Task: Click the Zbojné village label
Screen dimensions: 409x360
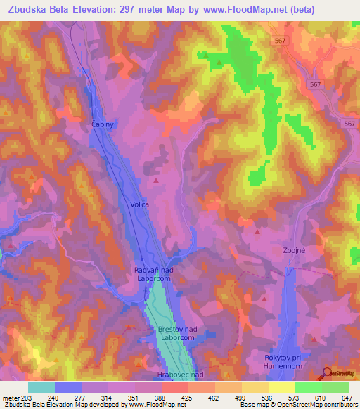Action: click(295, 250)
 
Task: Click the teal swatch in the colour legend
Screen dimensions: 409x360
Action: click(41, 387)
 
